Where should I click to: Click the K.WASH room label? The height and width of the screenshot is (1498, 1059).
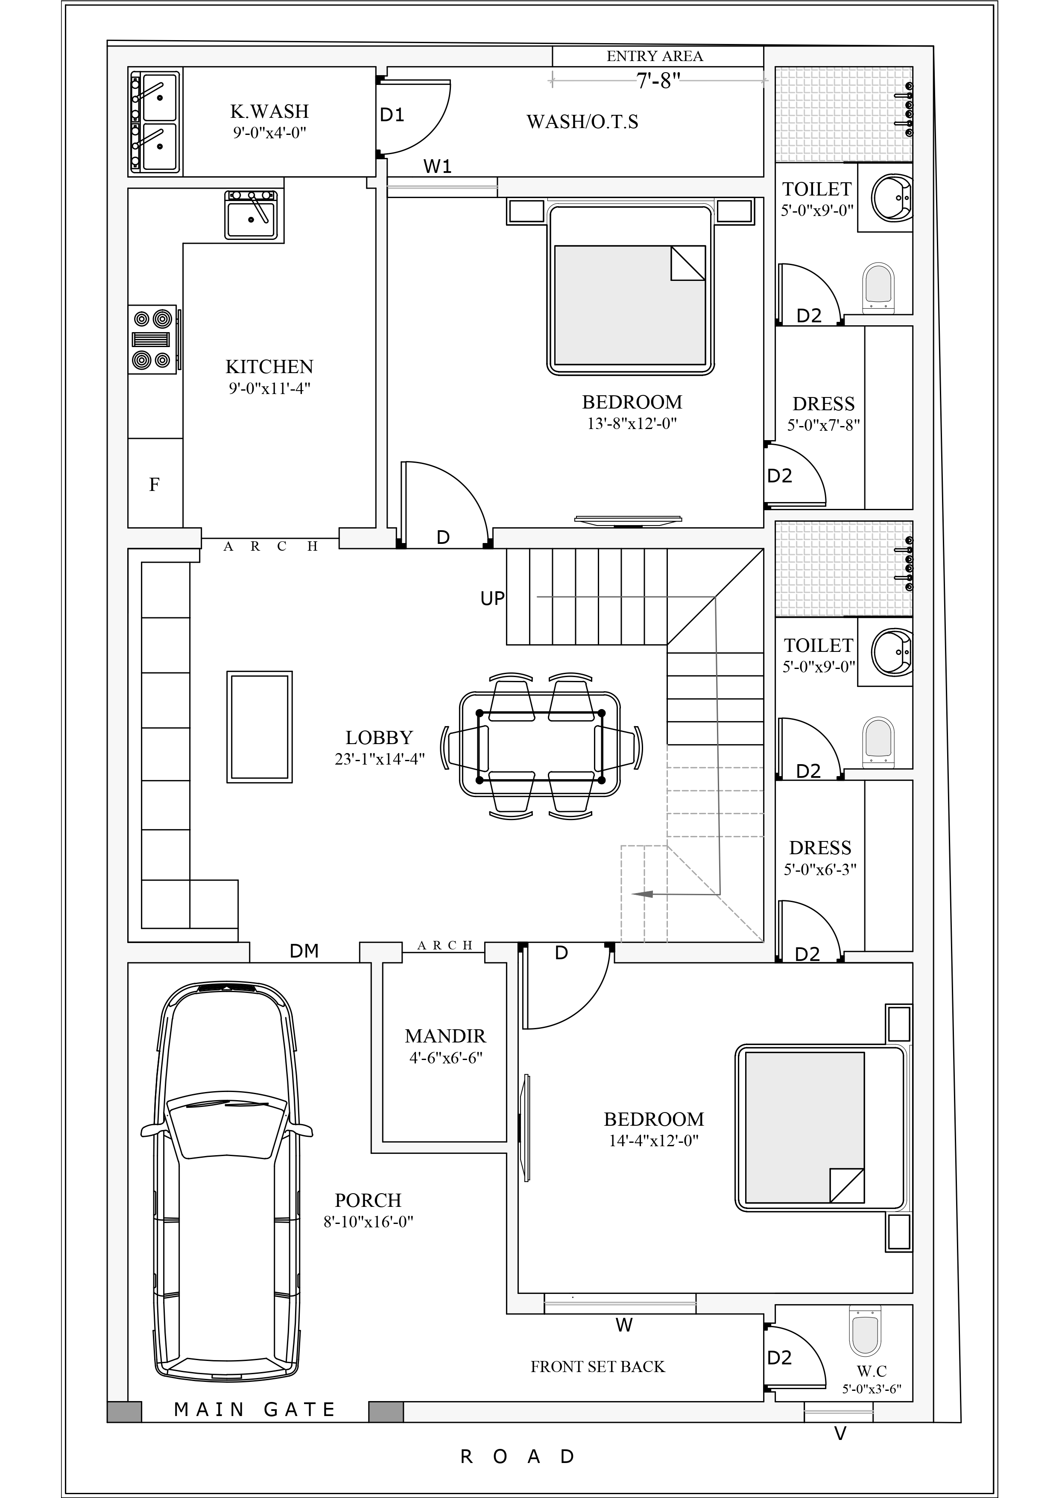pos(269,111)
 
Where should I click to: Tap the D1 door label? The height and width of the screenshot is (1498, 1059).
pos(392,116)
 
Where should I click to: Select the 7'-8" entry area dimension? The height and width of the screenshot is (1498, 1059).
pos(658,81)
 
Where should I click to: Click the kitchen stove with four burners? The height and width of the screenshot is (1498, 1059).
pos(152,339)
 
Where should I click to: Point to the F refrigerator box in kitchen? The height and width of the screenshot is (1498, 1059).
pos(155,484)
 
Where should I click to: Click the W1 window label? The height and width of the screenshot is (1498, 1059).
pos(437,167)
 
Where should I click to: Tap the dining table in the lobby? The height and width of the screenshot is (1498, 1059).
pos(540,745)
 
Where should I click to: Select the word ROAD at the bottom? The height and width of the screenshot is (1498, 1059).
pos(518,1457)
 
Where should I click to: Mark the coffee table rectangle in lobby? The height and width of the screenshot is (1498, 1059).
pos(259,727)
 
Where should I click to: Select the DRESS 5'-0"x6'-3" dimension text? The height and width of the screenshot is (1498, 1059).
pos(820,870)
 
